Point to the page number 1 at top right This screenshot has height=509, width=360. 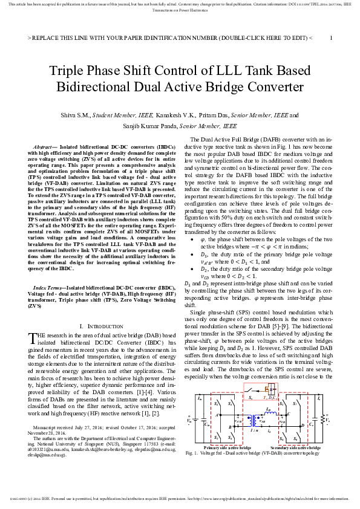click(x=331, y=37)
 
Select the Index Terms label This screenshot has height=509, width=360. click(x=48, y=288)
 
